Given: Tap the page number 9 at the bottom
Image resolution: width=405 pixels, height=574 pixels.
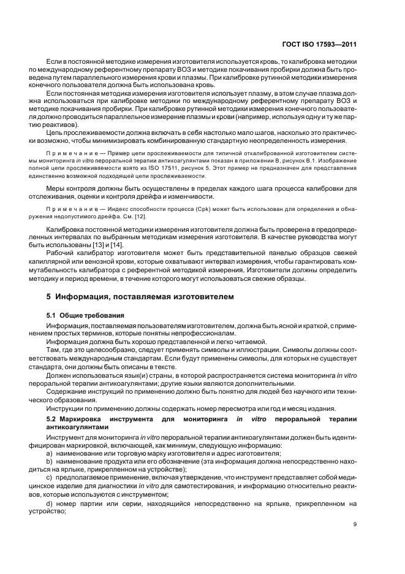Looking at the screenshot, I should click(355, 524).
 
